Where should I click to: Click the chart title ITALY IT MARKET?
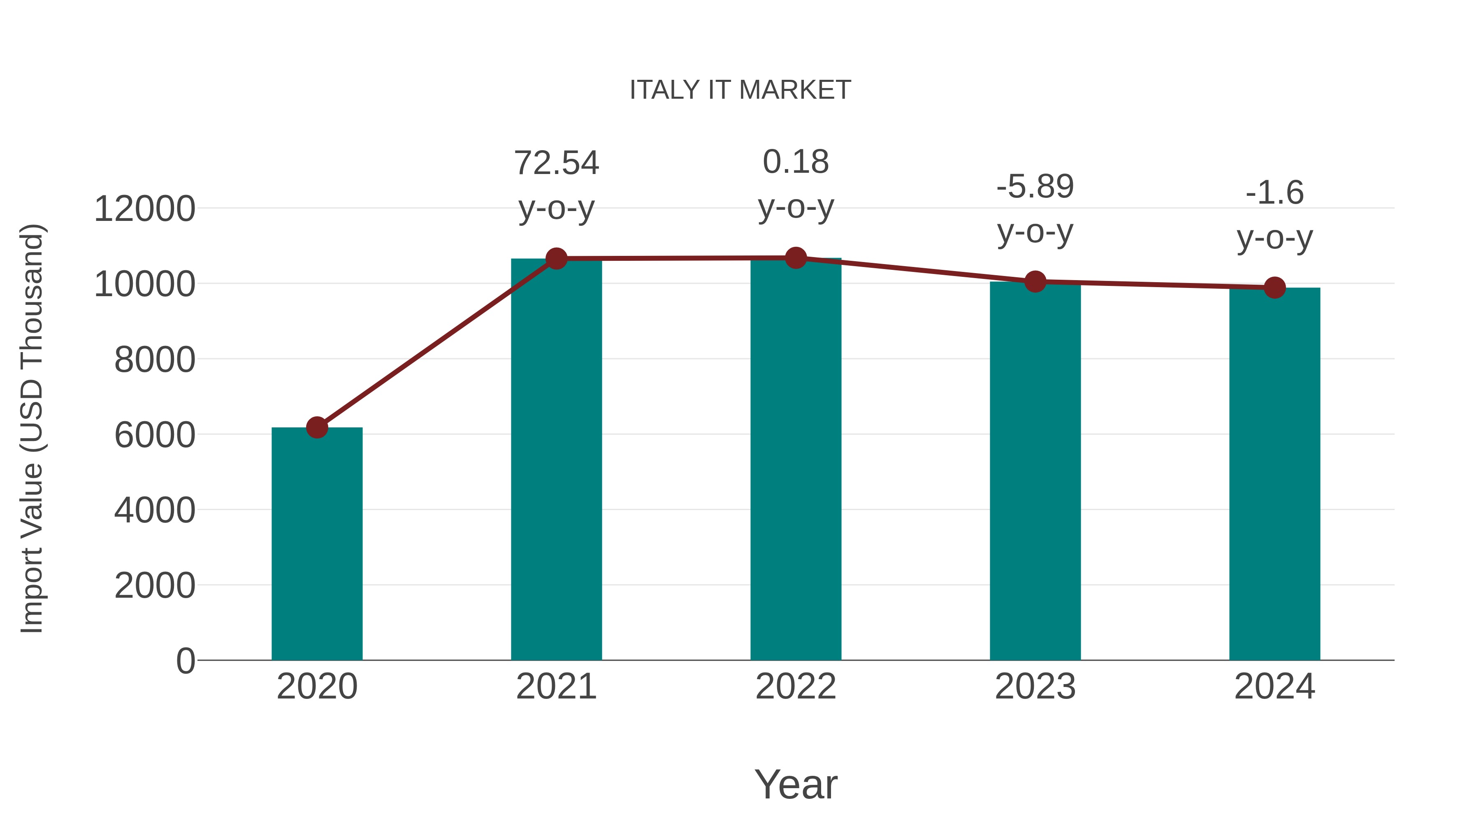point(740,90)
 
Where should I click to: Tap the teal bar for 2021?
point(556,460)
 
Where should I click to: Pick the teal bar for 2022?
point(796,460)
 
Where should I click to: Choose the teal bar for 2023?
point(1035,471)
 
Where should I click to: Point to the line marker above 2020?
point(317,427)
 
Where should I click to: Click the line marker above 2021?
point(556,259)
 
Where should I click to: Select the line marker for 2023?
point(1035,282)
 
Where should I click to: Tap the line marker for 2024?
point(1274,288)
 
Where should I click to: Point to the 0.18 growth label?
point(796,162)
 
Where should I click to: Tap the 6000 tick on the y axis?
point(155,435)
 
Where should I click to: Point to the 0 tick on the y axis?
point(185,661)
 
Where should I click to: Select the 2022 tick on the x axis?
point(796,687)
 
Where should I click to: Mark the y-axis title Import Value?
point(32,428)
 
